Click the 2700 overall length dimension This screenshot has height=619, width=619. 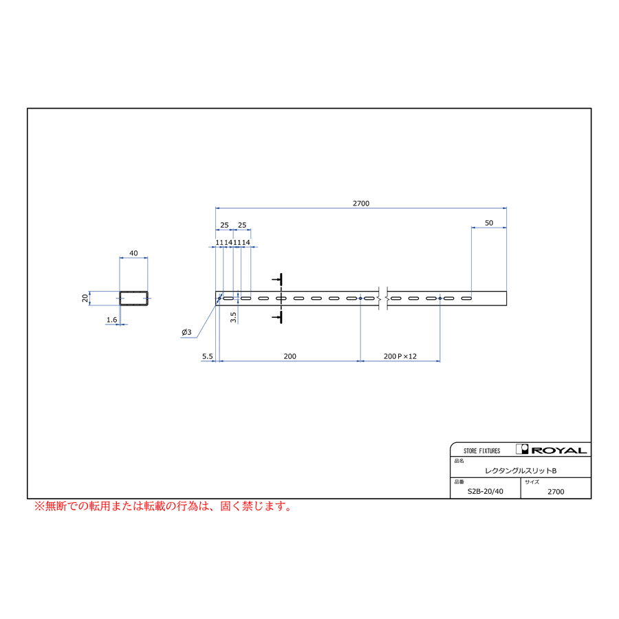(361, 204)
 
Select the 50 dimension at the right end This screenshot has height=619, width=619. (489, 223)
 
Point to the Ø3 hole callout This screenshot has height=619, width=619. (186, 332)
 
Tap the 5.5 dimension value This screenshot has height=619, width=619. (207, 356)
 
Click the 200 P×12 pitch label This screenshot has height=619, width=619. (400, 356)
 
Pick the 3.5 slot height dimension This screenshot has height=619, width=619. (233, 317)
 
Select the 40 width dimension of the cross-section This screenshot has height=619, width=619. (133, 253)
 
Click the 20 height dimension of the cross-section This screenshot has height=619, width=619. (85, 298)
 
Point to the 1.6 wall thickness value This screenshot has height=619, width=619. (111, 320)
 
